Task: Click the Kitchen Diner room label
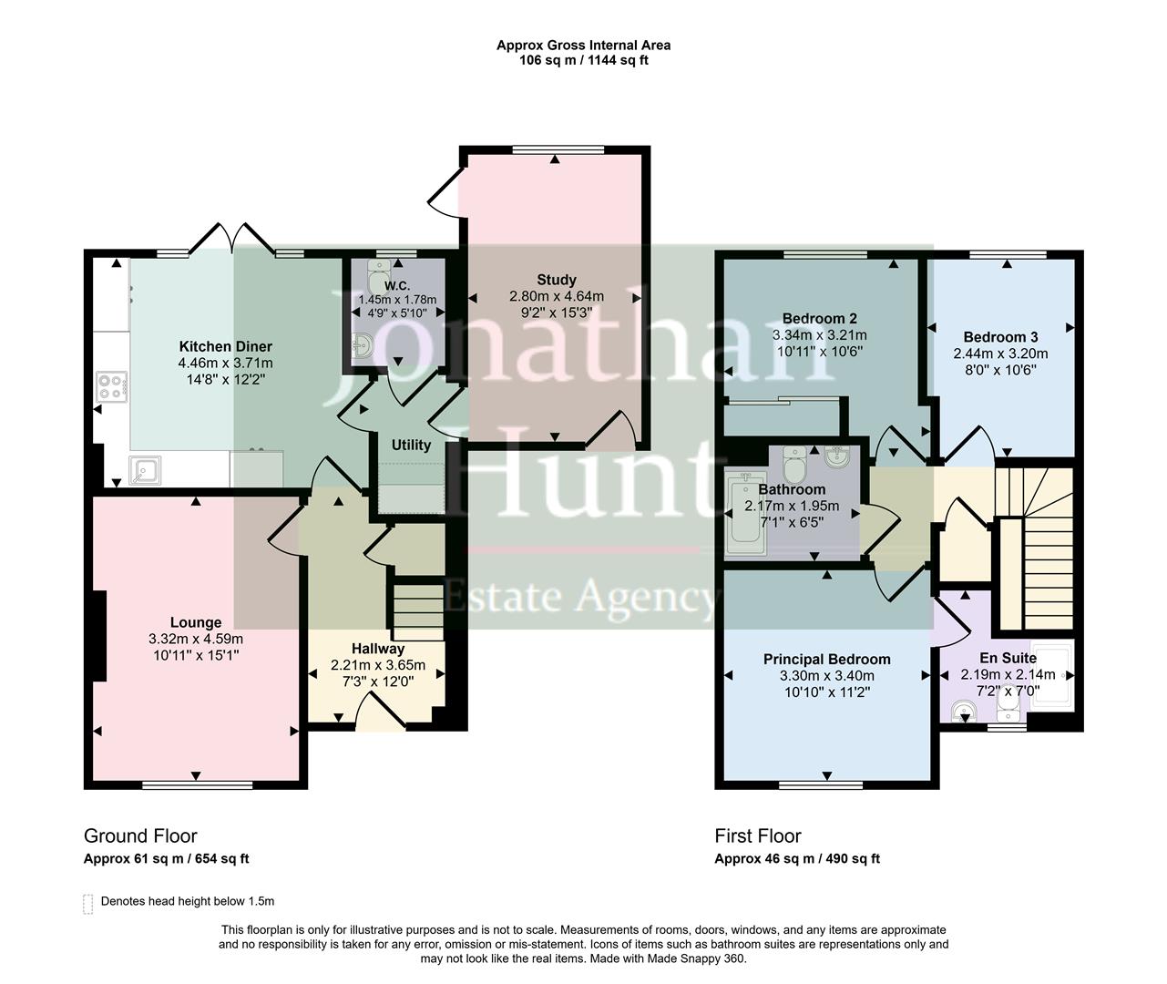(x=225, y=346)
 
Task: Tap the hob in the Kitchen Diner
(x=110, y=388)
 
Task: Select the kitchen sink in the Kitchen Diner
(x=145, y=469)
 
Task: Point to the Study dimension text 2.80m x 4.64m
(x=556, y=296)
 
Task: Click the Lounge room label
(x=195, y=623)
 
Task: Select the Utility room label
(x=411, y=446)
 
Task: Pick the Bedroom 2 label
(x=819, y=318)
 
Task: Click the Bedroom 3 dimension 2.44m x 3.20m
(x=1000, y=354)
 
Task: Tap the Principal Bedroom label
(x=826, y=659)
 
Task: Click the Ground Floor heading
(x=140, y=836)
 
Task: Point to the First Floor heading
(x=758, y=836)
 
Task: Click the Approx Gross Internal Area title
(x=583, y=45)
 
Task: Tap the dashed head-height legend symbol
(x=88, y=903)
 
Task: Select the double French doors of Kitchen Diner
(x=233, y=239)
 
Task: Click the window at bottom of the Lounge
(x=197, y=784)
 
